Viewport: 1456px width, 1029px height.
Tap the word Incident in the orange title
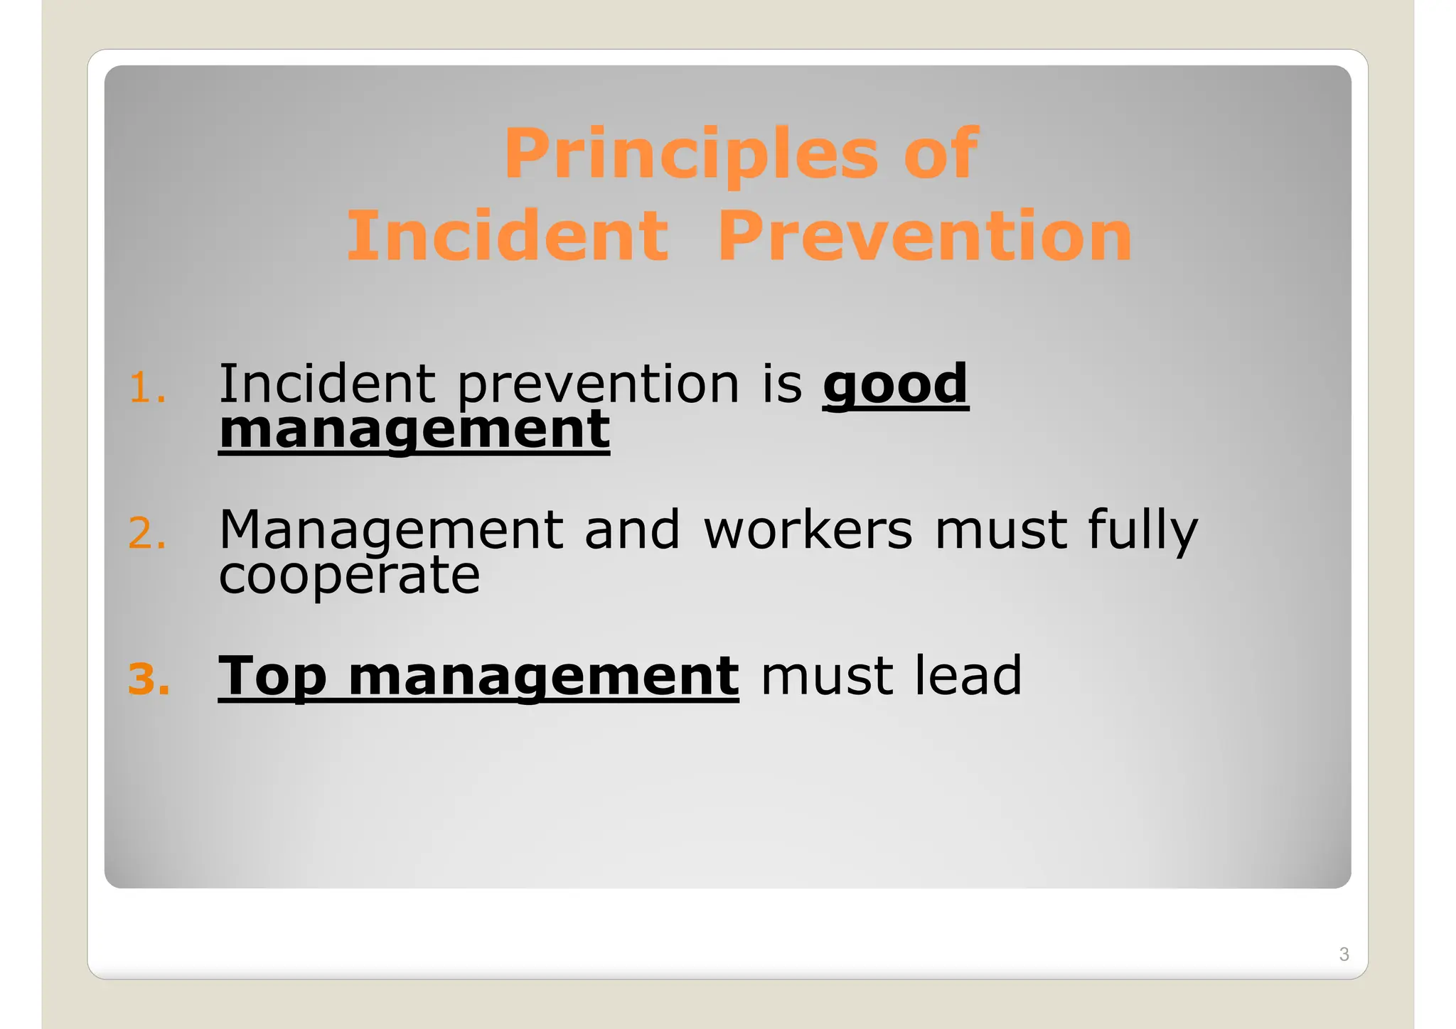tap(507, 236)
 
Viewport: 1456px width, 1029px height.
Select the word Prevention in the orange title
tap(924, 236)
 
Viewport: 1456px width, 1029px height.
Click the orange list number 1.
tap(146, 389)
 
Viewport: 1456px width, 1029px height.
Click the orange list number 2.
tap(146, 534)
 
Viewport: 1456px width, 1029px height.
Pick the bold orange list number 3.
tap(149, 679)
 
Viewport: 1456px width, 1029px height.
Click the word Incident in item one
tap(326, 384)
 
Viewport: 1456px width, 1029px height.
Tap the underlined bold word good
tap(895, 384)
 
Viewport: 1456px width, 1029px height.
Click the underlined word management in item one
tap(414, 430)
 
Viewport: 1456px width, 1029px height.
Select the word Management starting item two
tap(391, 531)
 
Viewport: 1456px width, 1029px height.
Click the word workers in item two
tap(808, 531)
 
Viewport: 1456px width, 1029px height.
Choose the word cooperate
tap(349, 576)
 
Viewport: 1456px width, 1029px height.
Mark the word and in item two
tap(632, 530)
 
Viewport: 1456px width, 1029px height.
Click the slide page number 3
tap(1343, 954)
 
